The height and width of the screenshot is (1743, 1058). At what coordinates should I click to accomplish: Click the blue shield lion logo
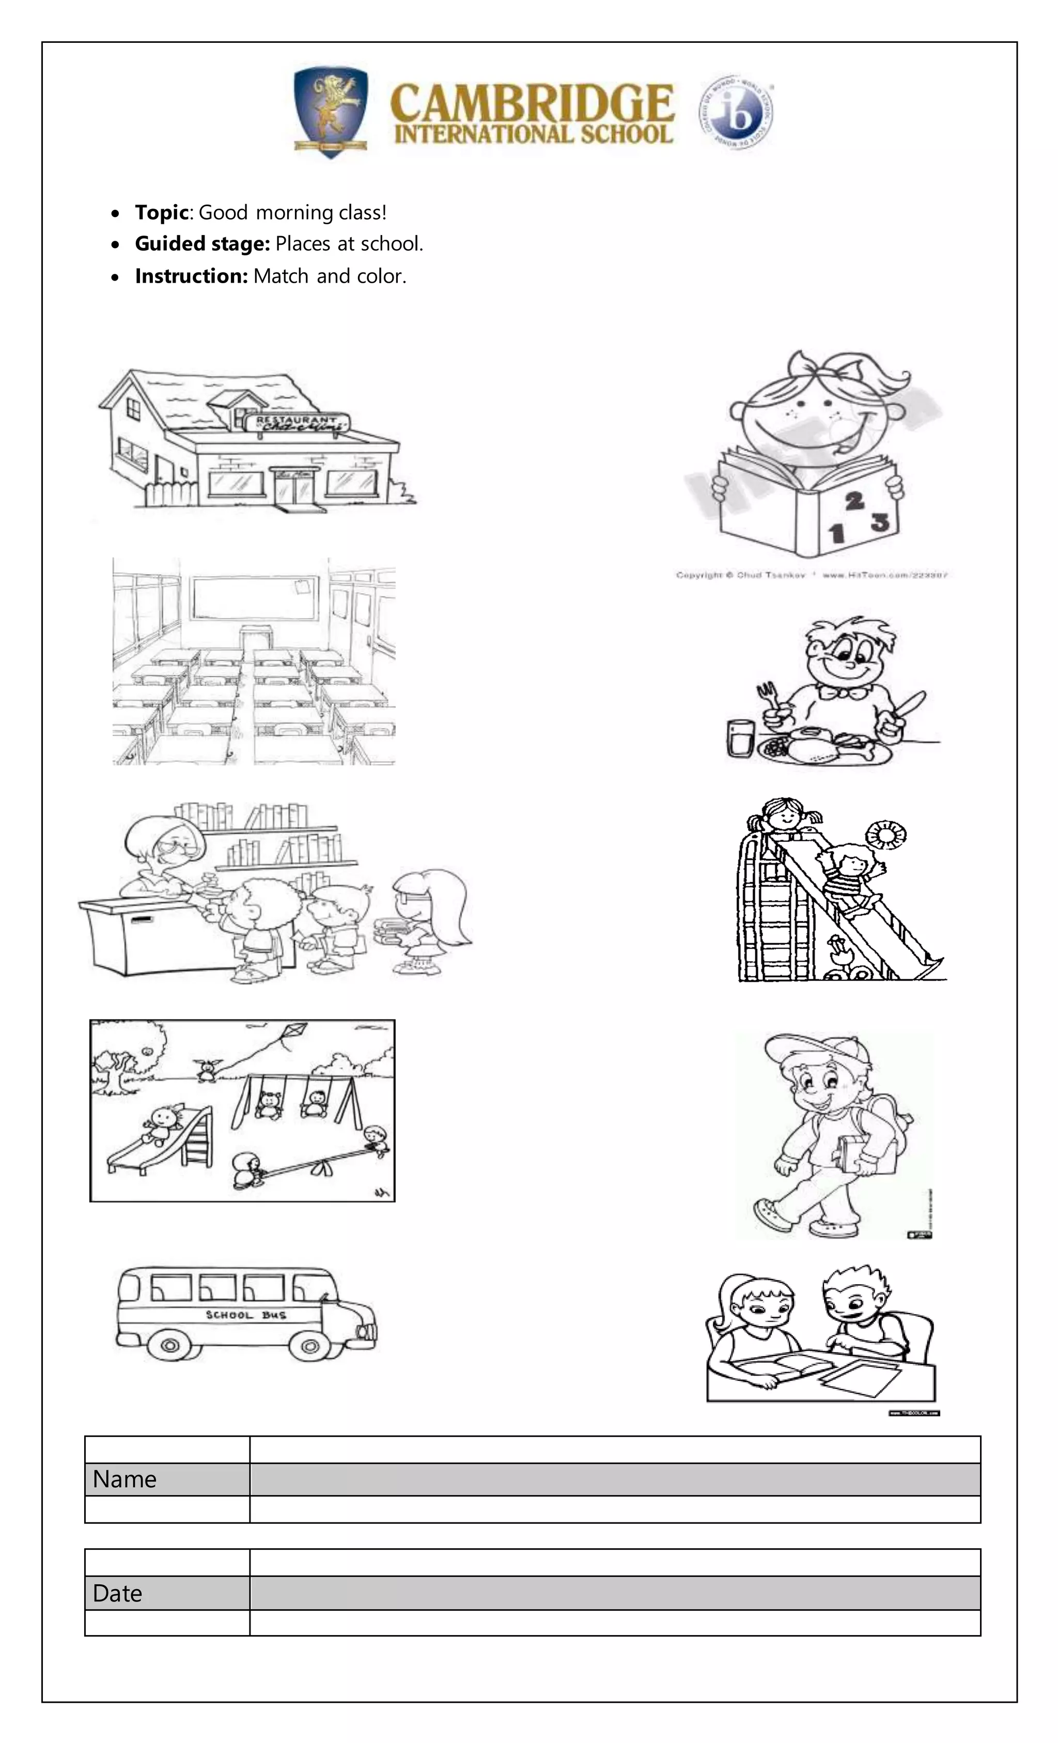tap(330, 112)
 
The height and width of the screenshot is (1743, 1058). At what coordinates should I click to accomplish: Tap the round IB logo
tap(736, 113)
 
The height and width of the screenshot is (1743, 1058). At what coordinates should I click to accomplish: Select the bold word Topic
tap(161, 212)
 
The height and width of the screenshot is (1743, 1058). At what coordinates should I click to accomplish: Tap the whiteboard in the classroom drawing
tap(253, 598)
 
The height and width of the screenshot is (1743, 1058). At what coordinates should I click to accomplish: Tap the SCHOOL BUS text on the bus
tap(245, 1314)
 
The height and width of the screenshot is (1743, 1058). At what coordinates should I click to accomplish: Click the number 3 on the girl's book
tap(880, 523)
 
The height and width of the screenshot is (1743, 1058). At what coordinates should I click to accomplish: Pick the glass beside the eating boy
tap(739, 738)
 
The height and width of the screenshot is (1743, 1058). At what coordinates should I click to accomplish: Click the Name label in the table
tap(125, 1479)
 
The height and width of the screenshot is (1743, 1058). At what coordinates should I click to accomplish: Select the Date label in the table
tap(117, 1593)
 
